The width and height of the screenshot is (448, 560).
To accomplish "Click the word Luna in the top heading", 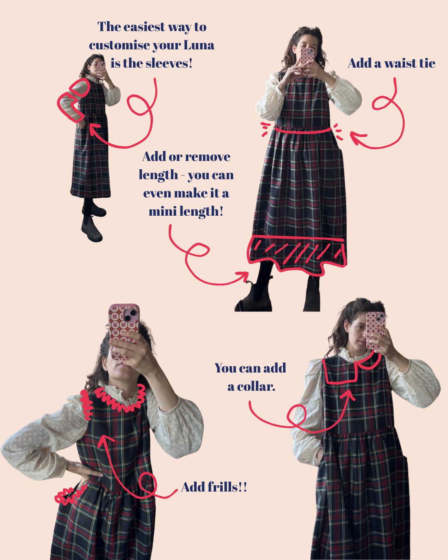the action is (199, 45).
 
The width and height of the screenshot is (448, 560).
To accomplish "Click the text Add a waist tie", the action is (392, 63).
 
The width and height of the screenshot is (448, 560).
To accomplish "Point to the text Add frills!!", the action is (214, 487).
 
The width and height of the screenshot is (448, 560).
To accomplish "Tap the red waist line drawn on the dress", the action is (303, 130).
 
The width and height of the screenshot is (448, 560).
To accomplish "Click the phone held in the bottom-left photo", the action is (124, 331).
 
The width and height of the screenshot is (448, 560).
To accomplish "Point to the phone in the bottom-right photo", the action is (375, 331).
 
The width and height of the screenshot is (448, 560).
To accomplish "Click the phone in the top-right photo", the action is (307, 61).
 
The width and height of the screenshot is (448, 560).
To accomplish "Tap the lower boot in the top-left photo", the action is (92, 229).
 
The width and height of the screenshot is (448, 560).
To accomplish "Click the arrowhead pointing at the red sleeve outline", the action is (94, 128).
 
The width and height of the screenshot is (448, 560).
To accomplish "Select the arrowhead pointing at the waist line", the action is (357, 137).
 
